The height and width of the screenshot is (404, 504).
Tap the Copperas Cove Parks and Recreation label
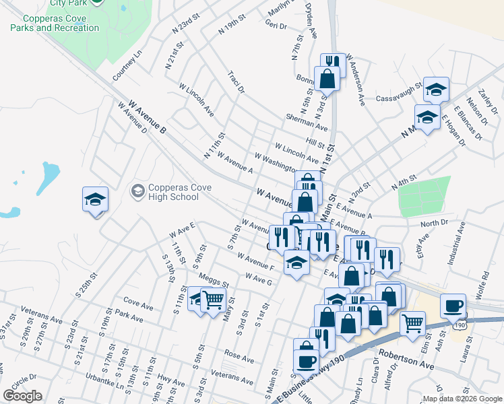(x=55, y=24)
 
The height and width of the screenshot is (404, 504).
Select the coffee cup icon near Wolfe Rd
(x=453, y=306)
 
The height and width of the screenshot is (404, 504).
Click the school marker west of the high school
(x=96, y=199)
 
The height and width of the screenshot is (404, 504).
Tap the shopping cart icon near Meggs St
(x=213, y=299)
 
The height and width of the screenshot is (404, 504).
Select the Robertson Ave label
(x=406, y=358)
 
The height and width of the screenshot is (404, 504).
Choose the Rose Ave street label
(x=238, y=355)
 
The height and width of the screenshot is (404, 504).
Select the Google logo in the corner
(x=22, y=396)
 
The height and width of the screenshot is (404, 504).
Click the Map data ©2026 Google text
(x=462, y=399)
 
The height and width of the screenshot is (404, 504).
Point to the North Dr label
(x=434, y=223)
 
